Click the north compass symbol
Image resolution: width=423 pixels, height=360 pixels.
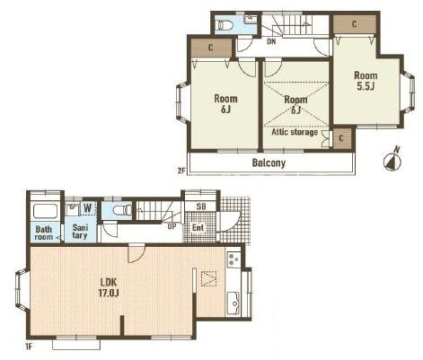click(392, 161)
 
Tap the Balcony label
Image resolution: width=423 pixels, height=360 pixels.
click(269, 162)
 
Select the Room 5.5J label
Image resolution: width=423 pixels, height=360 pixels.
click(366, 81)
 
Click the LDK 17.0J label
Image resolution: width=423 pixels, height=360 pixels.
click(109, 287)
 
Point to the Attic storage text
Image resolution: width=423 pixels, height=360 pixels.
click(295, 132)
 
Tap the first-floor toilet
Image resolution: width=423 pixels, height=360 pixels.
click(122, 210)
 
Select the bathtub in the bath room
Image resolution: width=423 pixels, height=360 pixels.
click(45, 211)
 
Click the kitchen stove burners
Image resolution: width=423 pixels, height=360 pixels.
click(234, 259)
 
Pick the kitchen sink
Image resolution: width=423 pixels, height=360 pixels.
click(234, 303)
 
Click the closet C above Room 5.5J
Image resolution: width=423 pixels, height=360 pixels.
click(355, 24)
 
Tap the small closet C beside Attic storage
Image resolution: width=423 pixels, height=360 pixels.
click(341, 138)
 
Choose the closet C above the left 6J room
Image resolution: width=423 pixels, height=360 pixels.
click(211, 48)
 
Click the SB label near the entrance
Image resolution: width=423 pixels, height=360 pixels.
click(201, 206)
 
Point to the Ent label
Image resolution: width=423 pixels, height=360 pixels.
click(198, 227)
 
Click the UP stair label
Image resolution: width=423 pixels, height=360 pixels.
click(172, 226)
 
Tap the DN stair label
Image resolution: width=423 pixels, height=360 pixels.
click(271, 41)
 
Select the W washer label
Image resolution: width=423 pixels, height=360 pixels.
click(87, 207)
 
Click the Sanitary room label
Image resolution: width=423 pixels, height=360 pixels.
click(80, 231)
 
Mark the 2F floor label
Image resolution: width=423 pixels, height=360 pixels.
click(181, 171)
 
